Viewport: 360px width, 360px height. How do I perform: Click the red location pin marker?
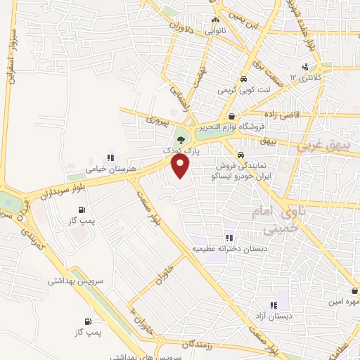(181, 166)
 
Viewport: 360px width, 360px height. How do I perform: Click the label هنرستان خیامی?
(105, 169)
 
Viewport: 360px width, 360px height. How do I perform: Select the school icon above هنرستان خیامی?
(110, 158)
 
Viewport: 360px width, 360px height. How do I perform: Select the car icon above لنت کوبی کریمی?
(243, 79)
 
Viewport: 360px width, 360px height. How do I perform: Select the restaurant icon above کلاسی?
(304, 67)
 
